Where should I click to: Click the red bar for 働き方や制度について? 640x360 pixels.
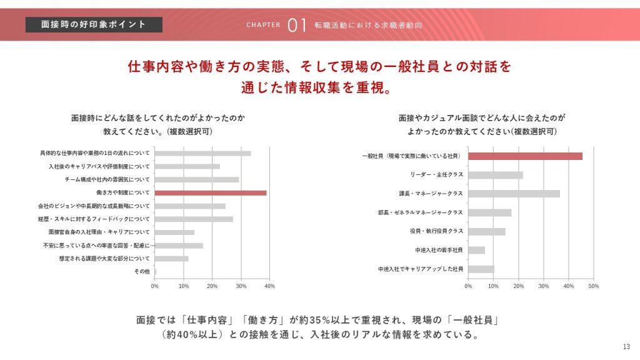(x=211, y=192)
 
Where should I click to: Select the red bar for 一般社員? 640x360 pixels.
(x=525, y=156)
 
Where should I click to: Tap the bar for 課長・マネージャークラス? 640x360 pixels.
(x=514, y=194)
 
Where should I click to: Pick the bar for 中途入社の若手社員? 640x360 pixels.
(x=476, y=250)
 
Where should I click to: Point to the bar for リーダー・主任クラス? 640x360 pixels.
(x=495, y=175)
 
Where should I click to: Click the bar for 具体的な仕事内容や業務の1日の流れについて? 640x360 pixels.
(x=202, y=153)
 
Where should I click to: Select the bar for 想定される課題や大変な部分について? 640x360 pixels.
(x=171, y=258)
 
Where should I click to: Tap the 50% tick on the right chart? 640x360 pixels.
(x=594, y=286)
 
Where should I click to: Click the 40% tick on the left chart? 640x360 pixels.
(x=270, y=286)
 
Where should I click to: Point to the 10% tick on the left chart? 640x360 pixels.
(x=184, y=286)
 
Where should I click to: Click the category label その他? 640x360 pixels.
(x=142, y=271)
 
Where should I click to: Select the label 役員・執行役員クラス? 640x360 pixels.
(x=436, y=231)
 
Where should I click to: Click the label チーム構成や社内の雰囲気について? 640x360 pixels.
(x=107, y=179)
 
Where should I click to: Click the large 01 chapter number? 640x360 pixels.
(x=296, y=25)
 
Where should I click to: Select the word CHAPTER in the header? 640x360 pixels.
(x=263, y=25)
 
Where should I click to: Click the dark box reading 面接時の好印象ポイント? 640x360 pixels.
(x=94, y=24)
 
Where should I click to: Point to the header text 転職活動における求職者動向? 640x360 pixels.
(x=368, y=25)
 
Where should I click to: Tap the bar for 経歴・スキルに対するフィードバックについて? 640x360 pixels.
(x=194, y=219)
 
